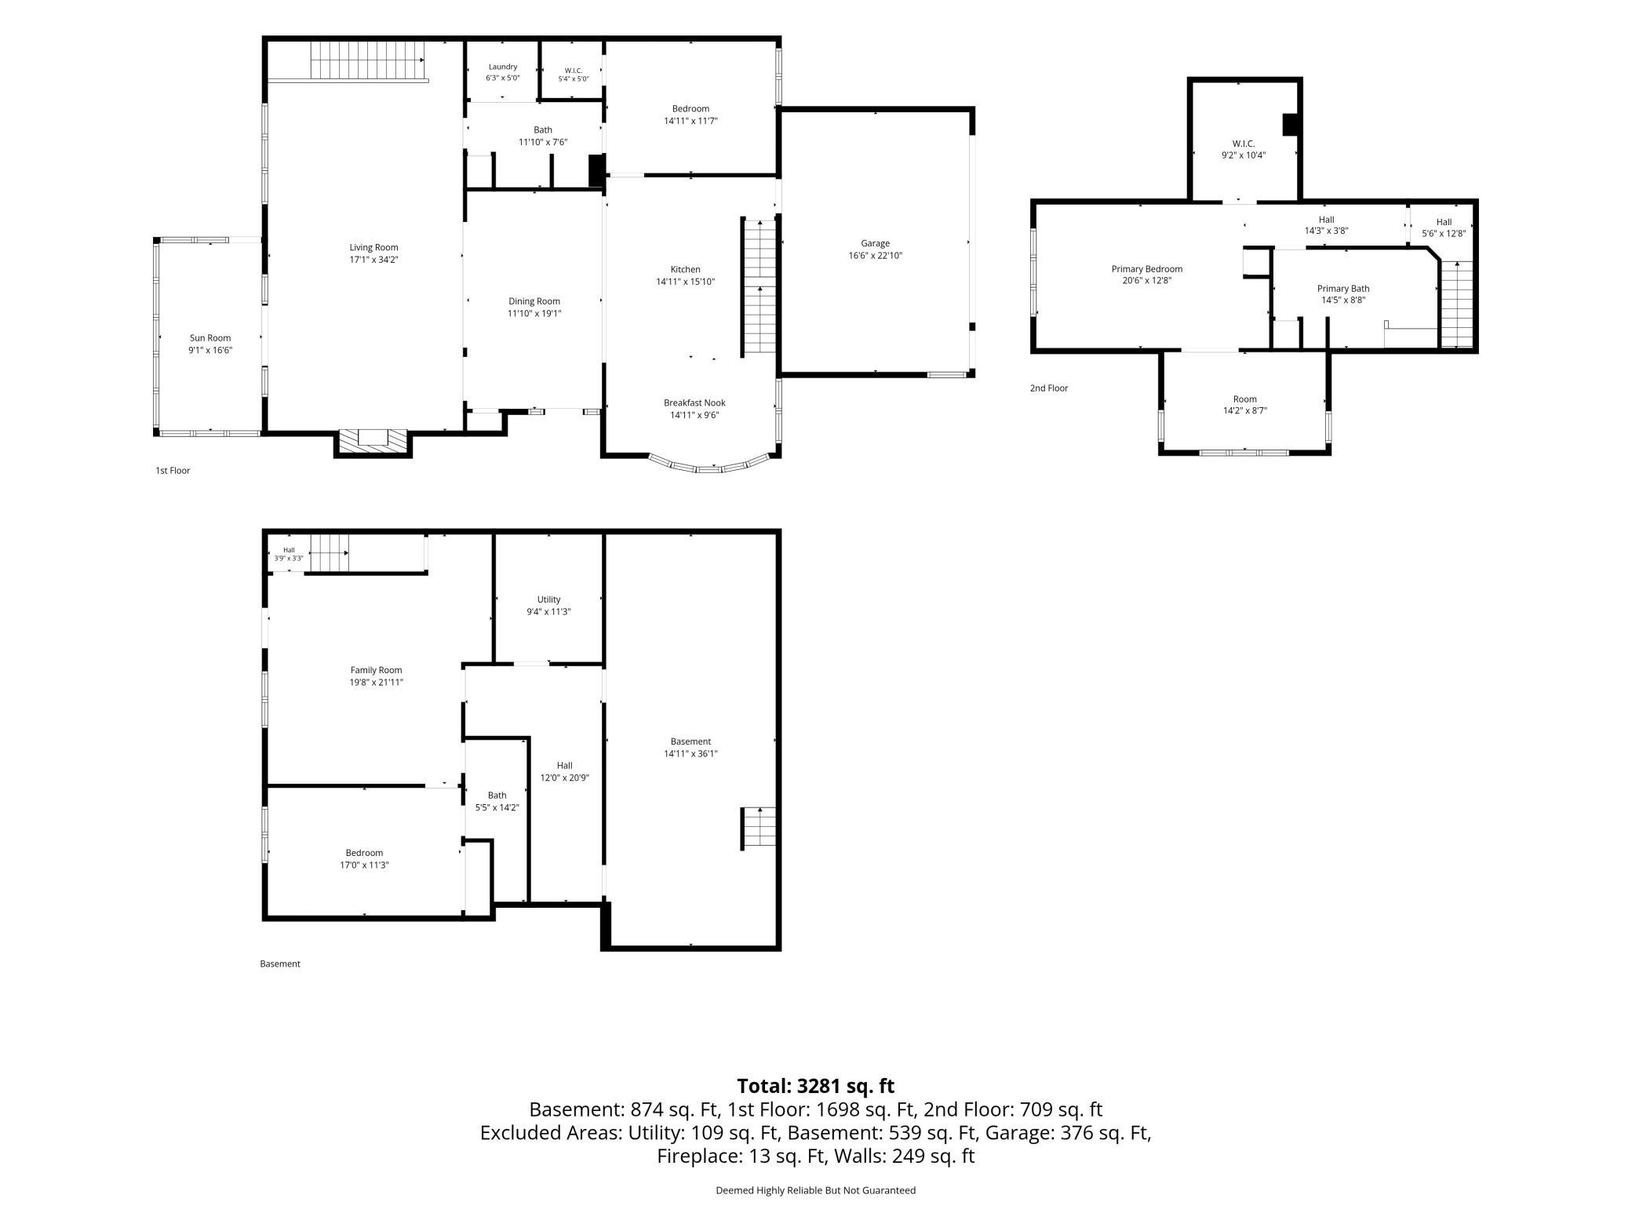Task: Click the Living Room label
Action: coord(373,247)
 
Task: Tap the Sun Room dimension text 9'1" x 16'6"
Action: coord(210,351)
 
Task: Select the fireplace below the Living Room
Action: coord(373,443)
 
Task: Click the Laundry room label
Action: coord(503,67)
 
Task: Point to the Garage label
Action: coord(875,243)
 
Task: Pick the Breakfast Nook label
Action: coord(694,403)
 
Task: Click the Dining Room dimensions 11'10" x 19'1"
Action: coord(534,314)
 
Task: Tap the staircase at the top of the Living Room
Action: coord(367,60)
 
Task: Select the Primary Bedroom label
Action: coord(1147,269)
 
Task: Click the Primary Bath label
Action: coord(1343,289)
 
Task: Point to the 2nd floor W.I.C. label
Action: coord(1244,144)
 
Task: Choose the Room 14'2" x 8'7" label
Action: coord(1245,405)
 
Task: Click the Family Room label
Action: coord(377,670)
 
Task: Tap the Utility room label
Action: coord(549,599)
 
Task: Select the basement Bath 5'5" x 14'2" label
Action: coord(497,801)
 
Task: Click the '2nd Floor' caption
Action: coord(1049,388)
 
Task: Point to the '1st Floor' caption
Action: coord(173,471)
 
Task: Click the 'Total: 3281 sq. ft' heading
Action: coord(816,1086)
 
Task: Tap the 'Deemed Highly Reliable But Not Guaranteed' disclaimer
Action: coord(816,1190)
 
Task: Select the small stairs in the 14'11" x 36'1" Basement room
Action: coord(759,828)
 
